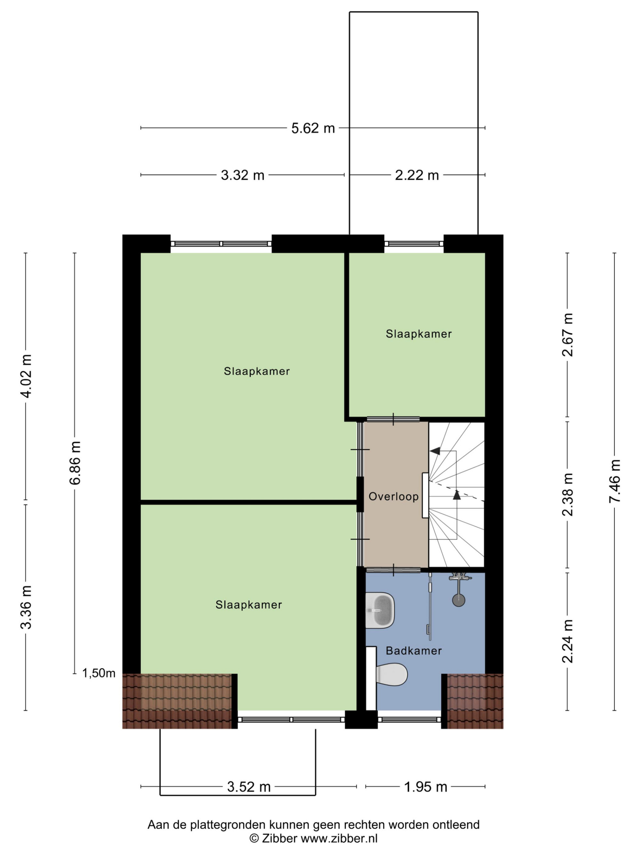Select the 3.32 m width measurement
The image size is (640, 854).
pos(242,175)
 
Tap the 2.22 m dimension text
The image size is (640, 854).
pos(417,175)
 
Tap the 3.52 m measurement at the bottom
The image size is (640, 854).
pos(248,786)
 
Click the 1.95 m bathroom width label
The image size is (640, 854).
pos(425,786)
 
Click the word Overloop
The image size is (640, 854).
pos(394,497)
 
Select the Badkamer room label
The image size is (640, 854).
pos(413,651)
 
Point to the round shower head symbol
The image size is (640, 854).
pos(459,600)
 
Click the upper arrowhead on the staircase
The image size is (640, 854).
pos(435,451)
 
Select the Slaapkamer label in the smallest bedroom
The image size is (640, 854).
pos(419,334)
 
